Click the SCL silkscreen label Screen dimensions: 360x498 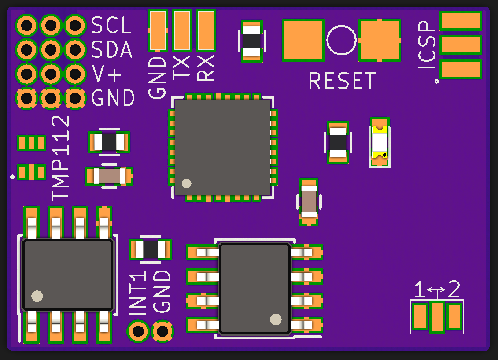point(111,26)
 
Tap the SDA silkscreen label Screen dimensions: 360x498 point(112,50)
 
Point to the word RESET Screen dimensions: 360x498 point(342,81)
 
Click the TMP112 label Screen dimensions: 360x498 point(61,157)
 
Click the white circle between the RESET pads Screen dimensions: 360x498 point(341,40)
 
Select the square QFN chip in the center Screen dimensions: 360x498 point(223,147)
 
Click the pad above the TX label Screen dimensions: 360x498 point(181,30)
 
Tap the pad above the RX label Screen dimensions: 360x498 point(206,30)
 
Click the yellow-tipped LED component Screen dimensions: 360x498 point(380,142)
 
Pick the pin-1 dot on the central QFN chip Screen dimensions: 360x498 point(187,183)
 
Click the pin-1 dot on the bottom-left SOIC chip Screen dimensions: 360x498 point(37,296)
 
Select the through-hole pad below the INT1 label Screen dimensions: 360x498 point(138,331)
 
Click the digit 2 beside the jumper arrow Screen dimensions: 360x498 point(454,289)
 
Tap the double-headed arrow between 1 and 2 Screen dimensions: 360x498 point(436,290)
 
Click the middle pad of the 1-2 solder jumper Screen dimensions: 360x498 point(437,317)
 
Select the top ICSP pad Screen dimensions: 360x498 point(461,20)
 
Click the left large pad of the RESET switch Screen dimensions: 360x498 point(303,40)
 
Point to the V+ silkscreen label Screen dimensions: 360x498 point(107,74)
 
